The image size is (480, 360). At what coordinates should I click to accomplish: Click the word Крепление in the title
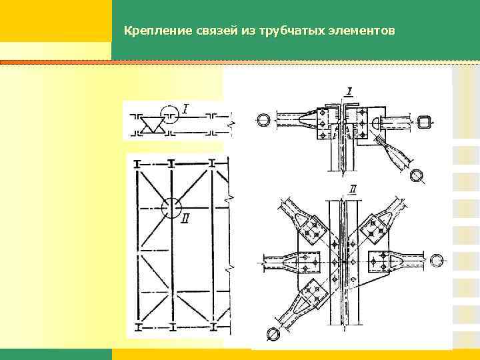point(150,31)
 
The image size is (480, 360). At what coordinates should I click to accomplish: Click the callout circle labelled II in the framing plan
point(172,207)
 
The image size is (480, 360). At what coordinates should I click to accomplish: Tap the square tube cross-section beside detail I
point(423,121)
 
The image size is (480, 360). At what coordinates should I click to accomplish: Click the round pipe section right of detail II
point(437,259)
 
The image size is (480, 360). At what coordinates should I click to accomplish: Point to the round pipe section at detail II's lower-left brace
point(273,333)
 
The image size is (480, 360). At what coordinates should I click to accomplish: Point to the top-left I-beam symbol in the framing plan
point(137,163)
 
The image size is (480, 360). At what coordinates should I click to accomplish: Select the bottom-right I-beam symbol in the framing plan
point(213,327)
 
